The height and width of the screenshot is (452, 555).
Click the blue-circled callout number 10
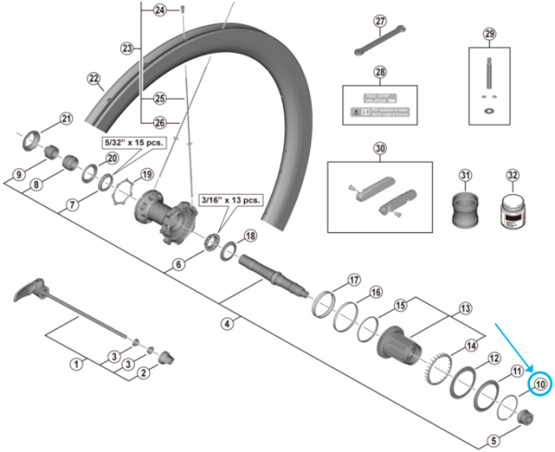click(x=539, y=384)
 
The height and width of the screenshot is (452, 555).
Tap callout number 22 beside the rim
click(x=93, y=79)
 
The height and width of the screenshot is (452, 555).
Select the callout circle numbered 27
click(x=379, y=21)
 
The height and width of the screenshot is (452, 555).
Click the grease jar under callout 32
click(x=512, y=211)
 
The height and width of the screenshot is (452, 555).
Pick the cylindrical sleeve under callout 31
click(x=464, y=210)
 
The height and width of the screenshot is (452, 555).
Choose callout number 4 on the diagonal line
click(x=227, y=324)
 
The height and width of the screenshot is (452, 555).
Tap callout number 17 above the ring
click(x=353, y=280)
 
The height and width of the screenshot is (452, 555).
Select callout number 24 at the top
click(x=159, y=10)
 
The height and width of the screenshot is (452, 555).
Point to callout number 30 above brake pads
click(x=379, y=148)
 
